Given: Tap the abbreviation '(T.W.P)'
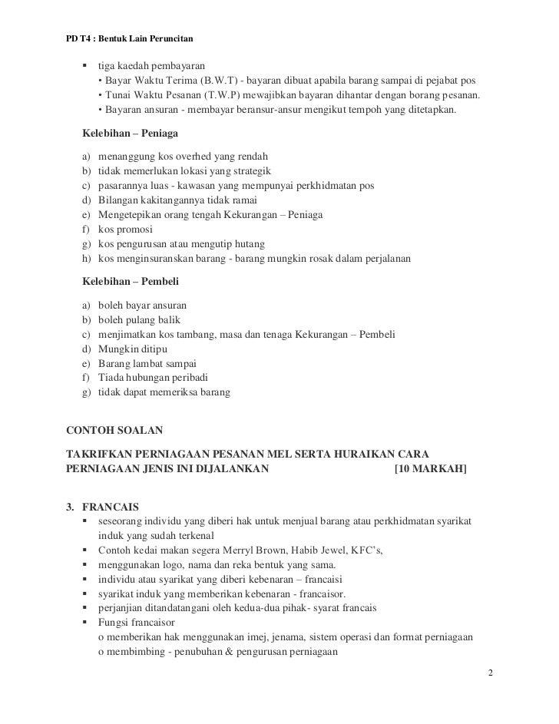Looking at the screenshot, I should click(223, 95).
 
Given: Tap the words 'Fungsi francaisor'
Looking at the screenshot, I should click(137, 623).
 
